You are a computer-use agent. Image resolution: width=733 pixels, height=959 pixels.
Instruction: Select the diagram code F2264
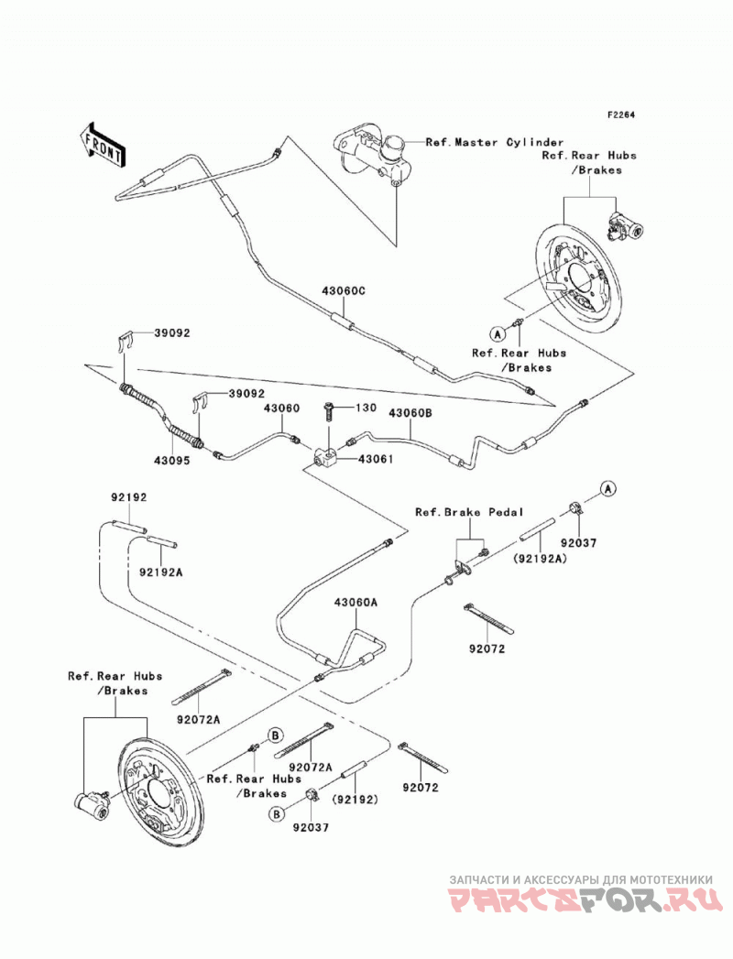coord(621,114)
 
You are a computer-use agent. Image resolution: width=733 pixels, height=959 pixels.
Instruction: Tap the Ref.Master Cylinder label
coord(495,143)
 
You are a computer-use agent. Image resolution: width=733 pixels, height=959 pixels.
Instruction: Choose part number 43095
coord(172,461)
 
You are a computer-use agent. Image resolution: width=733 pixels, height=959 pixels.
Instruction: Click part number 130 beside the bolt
coord(366,408)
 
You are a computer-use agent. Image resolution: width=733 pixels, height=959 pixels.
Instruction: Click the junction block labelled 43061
coord(324,456)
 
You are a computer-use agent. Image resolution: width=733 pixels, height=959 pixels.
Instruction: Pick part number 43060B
coord(410,413)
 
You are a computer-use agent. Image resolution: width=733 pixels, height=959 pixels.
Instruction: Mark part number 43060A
coord(356,603)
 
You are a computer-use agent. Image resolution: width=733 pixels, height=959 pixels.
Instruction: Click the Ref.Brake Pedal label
coord(469,512)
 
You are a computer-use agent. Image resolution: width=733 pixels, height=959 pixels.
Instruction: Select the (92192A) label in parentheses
coord(540,557)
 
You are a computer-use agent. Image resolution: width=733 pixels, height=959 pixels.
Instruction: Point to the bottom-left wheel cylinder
coord(92,803)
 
